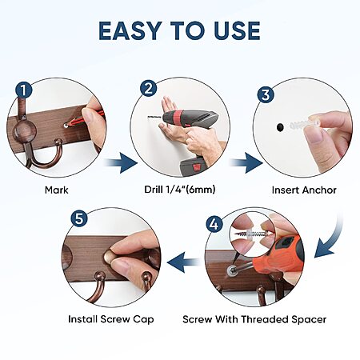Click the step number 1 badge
tap(24, 90)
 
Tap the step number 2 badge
tap(149, 88)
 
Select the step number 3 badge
tap(266, 94)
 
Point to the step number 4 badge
tap(214, 224)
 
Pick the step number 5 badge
tap(79, 219)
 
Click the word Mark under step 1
tap(57, 190)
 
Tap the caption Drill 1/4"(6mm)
tap(180, 190)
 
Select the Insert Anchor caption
tap(304, 190)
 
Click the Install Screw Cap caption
tap(111, 319)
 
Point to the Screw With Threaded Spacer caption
tap(254, 319)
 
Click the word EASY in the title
tap(130, 30)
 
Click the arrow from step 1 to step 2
tap(122, 162)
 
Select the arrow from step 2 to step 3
tap(246, 162)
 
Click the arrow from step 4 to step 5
tap(184, 262)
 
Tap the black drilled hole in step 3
tap(280, 127)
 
